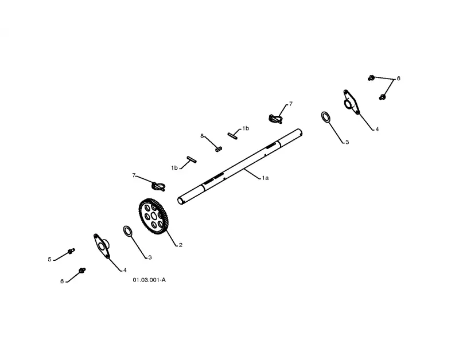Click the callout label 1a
[265, 178]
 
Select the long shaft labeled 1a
[240, 166]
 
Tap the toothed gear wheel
[154, 216]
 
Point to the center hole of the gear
[154, 216]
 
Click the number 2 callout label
[181, 245]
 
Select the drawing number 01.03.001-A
[149, 280]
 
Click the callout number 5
[49, 260]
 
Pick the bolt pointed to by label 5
[71, 251]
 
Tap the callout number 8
[202, 136]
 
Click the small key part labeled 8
[219, 149]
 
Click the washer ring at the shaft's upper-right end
[326, 117]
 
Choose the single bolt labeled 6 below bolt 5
[82, 270]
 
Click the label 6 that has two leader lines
[398, 79]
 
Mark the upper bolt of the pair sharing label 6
[371, 78]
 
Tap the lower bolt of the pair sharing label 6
[382, 97]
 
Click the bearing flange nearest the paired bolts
[351, 102]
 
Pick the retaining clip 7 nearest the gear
[158, 186]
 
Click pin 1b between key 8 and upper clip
[233, 136]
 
